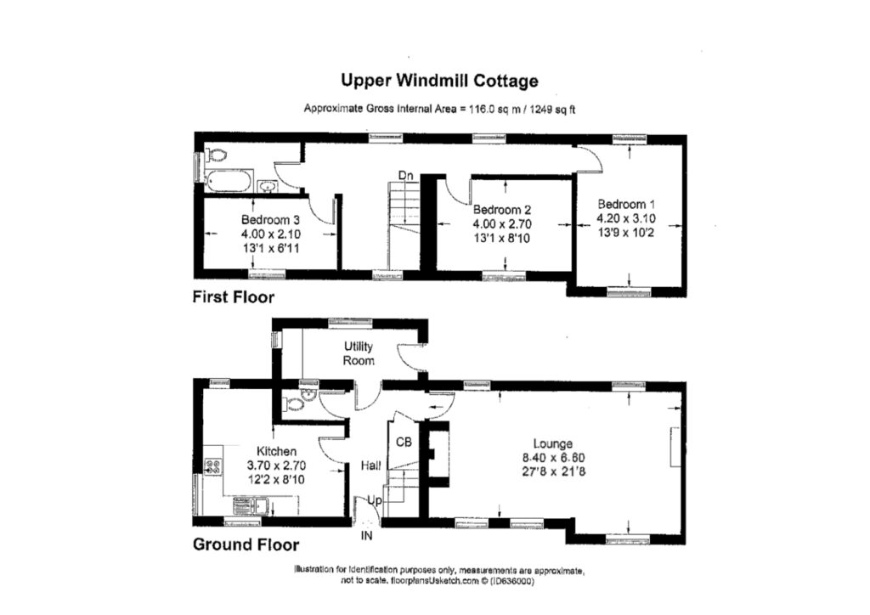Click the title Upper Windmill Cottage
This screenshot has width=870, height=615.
coord(439,82)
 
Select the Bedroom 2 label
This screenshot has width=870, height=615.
coord(502,210)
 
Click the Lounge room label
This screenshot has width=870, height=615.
coord(553,443)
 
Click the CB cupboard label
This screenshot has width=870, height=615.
coord(404,442)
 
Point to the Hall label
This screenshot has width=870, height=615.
coord(370,465)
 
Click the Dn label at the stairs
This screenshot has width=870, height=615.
coord(406,176)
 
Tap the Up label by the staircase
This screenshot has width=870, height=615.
coord(375,503)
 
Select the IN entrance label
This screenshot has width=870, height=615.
coord(367,536)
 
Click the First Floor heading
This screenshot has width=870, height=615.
coord(233,297)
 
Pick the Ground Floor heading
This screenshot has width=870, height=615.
coord(246,544)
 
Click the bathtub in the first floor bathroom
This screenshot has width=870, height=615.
coord(229,181)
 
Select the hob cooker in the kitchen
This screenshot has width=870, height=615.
coord(213,466)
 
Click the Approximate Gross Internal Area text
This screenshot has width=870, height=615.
coord(441,109)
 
